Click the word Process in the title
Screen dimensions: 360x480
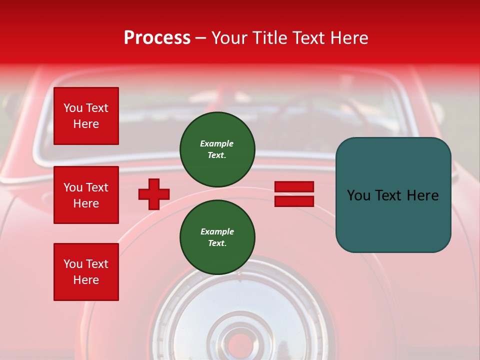click(157, 38)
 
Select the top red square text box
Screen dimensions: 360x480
click(86, 116)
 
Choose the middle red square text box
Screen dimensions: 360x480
click(86, 195)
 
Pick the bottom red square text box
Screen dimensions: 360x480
click(86, 272)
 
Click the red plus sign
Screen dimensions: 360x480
click(154, 194)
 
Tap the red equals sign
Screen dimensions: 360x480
click(294, 194)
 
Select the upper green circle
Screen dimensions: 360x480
click(217, 149)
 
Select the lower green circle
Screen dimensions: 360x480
click(217, 237)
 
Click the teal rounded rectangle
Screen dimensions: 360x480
click(393, 195)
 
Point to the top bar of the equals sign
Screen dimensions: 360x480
click(294, 187)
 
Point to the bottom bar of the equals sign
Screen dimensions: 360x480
click(294, 201)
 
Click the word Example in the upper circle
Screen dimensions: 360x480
click(216, 144)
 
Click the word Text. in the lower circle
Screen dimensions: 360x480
click(217, 243)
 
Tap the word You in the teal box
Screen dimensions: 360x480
click(358, 195)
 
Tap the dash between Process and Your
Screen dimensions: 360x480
click(200, 38)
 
